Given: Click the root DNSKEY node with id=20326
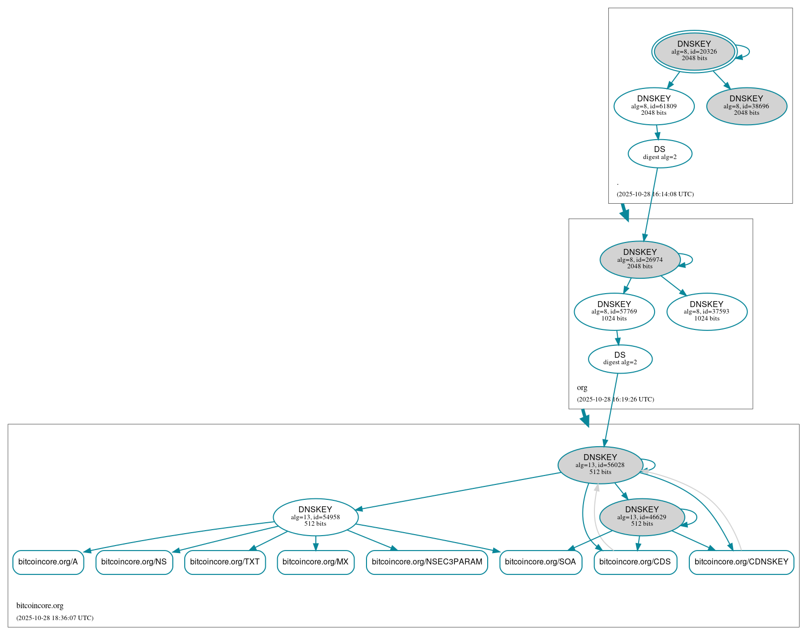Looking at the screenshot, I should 694,51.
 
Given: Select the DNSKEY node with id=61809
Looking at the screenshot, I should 654,106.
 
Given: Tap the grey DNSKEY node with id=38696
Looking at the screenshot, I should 746,106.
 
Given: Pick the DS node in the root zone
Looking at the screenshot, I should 660,153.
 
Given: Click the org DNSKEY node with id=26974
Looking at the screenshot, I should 640,259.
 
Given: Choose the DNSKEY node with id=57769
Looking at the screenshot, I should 614,312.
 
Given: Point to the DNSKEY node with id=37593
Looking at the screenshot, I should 706,312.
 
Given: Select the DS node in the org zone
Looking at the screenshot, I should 620,359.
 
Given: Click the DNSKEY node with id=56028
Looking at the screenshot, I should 600,465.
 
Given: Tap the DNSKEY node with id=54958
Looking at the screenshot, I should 315,517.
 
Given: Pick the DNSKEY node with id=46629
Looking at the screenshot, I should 642,517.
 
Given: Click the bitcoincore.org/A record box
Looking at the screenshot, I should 48,562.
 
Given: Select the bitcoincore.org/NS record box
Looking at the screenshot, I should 134,562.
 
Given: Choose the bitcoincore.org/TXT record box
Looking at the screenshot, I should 225,562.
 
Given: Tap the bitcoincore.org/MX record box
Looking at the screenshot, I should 315,562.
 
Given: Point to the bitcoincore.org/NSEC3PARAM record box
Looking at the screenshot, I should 427,562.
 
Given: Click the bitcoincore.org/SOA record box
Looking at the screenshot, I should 540,562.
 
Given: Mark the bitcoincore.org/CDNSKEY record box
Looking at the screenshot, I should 741,562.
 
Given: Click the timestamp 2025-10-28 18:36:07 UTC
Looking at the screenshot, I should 55,618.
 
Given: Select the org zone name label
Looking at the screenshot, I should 582,388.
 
